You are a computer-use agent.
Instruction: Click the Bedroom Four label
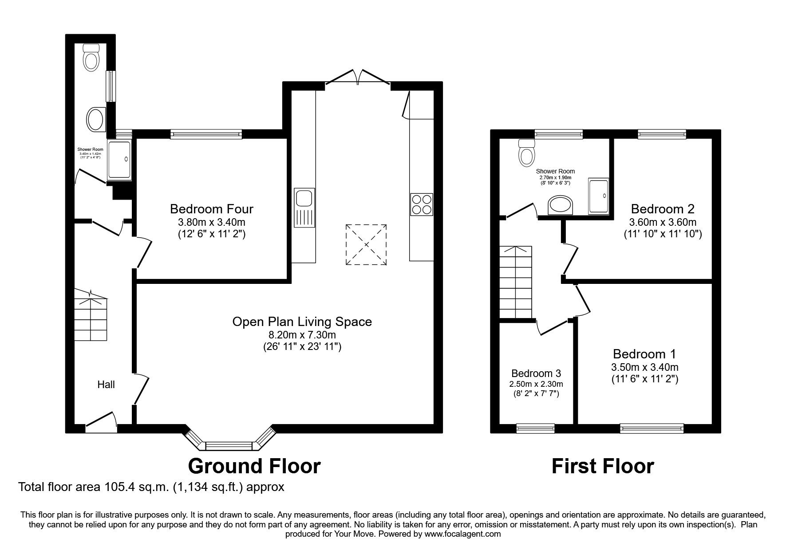212,208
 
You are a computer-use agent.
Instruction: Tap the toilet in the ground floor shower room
91,58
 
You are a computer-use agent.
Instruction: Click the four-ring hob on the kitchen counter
421,204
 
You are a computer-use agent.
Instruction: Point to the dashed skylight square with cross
366,245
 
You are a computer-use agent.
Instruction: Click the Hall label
106,385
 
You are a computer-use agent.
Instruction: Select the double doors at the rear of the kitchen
358,77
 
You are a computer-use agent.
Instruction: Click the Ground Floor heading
254,466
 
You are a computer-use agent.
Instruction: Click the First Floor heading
602,466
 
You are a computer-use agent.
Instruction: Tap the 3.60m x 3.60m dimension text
663,222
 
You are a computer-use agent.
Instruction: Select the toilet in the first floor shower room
527,152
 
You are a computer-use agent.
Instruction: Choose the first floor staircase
516,283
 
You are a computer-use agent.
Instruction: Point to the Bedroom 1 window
652,428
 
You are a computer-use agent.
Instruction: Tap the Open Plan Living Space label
302,322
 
